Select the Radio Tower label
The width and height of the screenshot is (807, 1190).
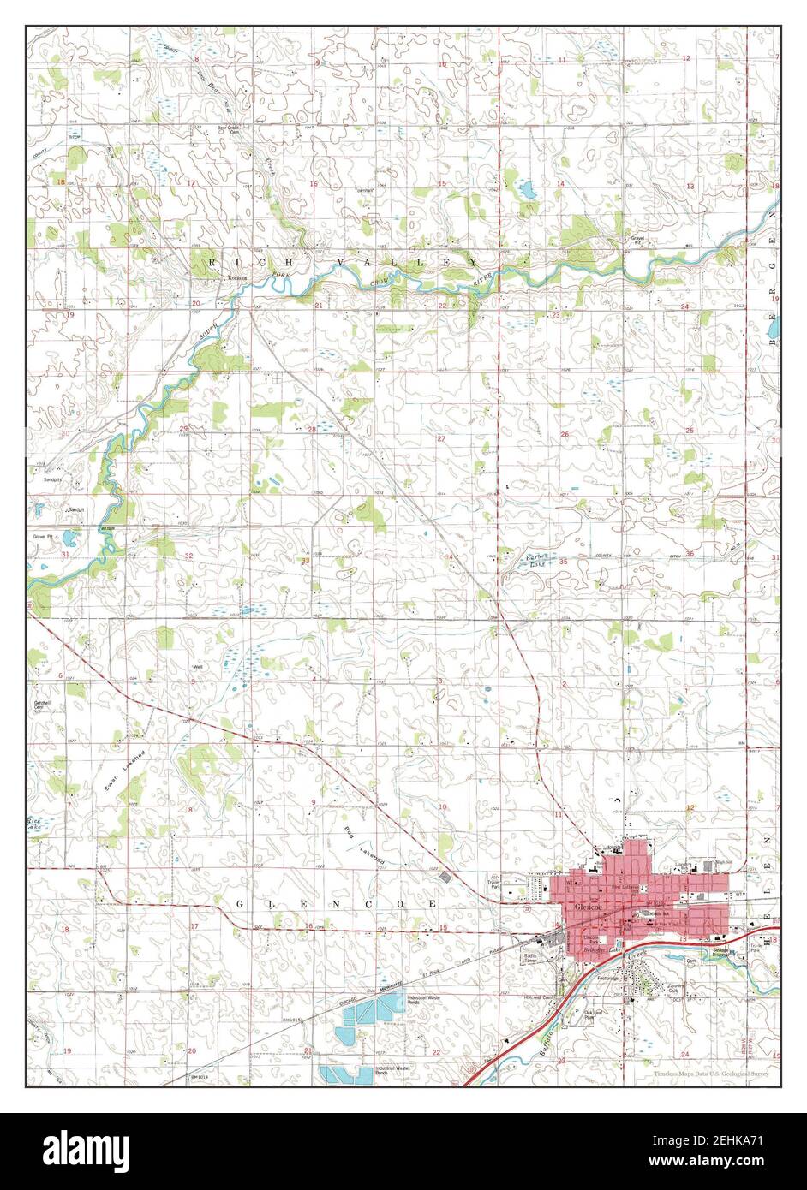click(530, 957)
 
